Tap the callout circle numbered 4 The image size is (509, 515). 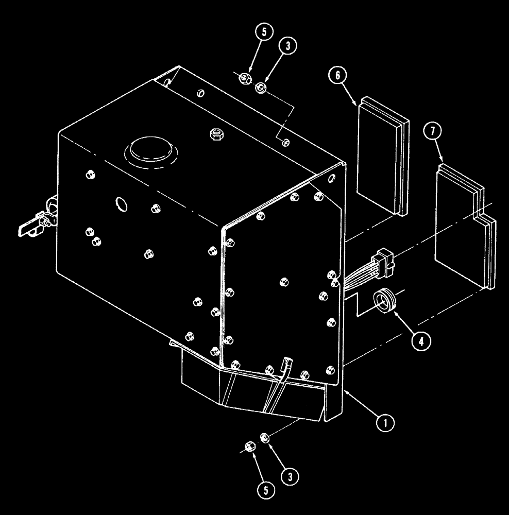pyautogui.click(x=421, y=340)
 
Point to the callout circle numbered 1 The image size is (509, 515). pyautogui.click(x=386, y=423)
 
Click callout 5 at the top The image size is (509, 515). pyautogui.click(x=264, y=32)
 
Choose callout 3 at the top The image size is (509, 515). pyautogui.click(x=287, y=46)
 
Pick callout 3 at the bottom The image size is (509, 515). pyautogui.click(x=290, y=477)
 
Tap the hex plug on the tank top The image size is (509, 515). pyautogui.click(x=215, y=134)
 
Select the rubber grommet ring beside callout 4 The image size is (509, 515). pyautogui.click(x=384, y=301)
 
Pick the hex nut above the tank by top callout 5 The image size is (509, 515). pyautogui.click(x=246, y=78)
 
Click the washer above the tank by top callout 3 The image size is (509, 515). pyautogui.click(x=261, y=88)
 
